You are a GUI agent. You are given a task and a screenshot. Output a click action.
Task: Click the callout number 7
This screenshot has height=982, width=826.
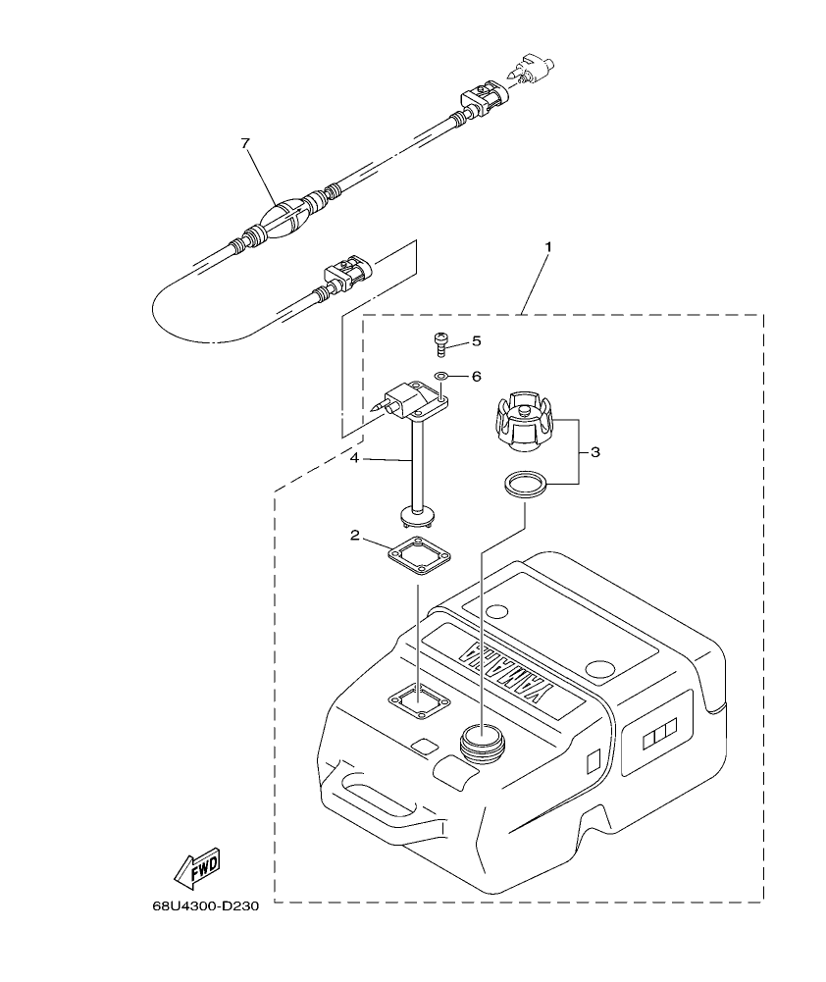(245, 143)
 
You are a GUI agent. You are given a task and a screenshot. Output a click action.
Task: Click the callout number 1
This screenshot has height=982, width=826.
(547, 247)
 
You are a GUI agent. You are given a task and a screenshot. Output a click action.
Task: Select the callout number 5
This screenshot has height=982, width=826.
(476, 341)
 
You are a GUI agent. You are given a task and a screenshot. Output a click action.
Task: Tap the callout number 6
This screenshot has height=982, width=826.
(476, 376)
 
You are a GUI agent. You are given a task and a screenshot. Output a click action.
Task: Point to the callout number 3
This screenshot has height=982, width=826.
(594, 452)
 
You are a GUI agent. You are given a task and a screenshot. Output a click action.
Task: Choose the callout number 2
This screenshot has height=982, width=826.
(354, 535)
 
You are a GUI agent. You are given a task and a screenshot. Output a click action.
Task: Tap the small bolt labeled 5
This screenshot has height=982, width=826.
(440, 344)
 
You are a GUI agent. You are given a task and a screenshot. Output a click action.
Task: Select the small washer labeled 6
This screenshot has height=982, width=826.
(441, 376)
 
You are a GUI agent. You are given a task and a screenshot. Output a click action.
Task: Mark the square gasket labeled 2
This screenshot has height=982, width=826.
(420, 556)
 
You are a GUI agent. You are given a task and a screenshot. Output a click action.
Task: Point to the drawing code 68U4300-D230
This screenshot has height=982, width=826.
(205, 906)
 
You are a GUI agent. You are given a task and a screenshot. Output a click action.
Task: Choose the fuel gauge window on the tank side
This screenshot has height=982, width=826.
(652, 733)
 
